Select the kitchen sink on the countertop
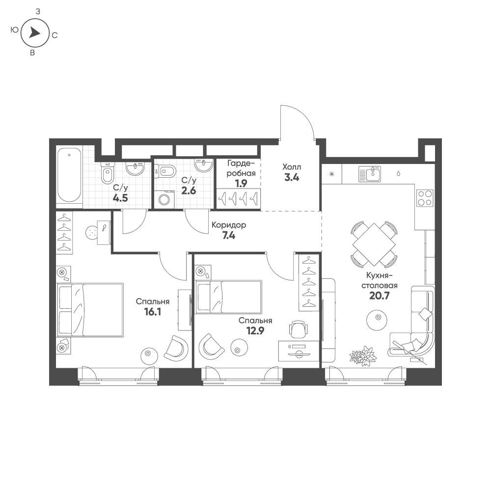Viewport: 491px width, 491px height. [370, 174]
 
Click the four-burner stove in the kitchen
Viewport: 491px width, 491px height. [425, 198]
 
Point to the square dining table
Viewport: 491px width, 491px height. [374, 244]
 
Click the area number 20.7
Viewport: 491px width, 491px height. [379, 296]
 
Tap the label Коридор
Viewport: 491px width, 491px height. [229, 225]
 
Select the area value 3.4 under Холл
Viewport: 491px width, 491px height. [292, 178]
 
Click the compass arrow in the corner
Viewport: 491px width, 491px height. [34, 32]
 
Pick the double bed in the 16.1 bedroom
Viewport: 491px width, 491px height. [90, 310]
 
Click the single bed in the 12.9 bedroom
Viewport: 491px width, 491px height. [228, 297]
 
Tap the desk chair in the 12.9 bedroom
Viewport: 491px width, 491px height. [298, 329]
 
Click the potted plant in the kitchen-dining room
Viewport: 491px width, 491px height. [363, 356]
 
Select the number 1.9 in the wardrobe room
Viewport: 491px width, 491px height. [241, 184]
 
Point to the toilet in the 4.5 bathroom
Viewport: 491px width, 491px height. [107, 173]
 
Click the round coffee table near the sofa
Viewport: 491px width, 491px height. [377, 320]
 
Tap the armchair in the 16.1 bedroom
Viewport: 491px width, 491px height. [176, 348]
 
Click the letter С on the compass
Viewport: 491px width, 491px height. [55, 35]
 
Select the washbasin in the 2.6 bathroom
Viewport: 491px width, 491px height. [204, 165]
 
